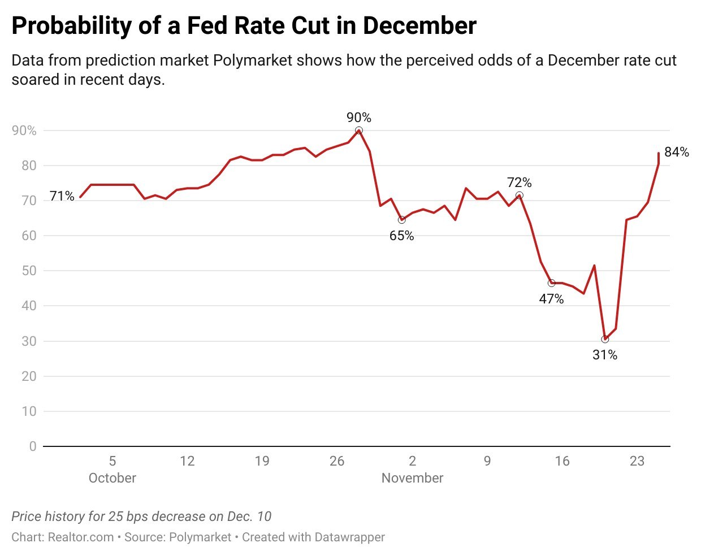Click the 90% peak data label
[x=359, y=118]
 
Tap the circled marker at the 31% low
[x=605, y=339]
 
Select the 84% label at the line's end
[x=677, y=152]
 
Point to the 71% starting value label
[x=62, y=196]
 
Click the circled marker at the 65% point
[x=401, y=220]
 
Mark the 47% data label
[x=551, y=299]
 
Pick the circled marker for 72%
[x=519, y=196]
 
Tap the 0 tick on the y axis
[x=33, y=446]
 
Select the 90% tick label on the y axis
[x=24, y=131]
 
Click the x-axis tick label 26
[x=337, y=461]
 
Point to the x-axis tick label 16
[x=562, y=461]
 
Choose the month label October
[x=112, y=478]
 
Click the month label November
[x=412, y=478]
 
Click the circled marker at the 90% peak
[x=358, y=131]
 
